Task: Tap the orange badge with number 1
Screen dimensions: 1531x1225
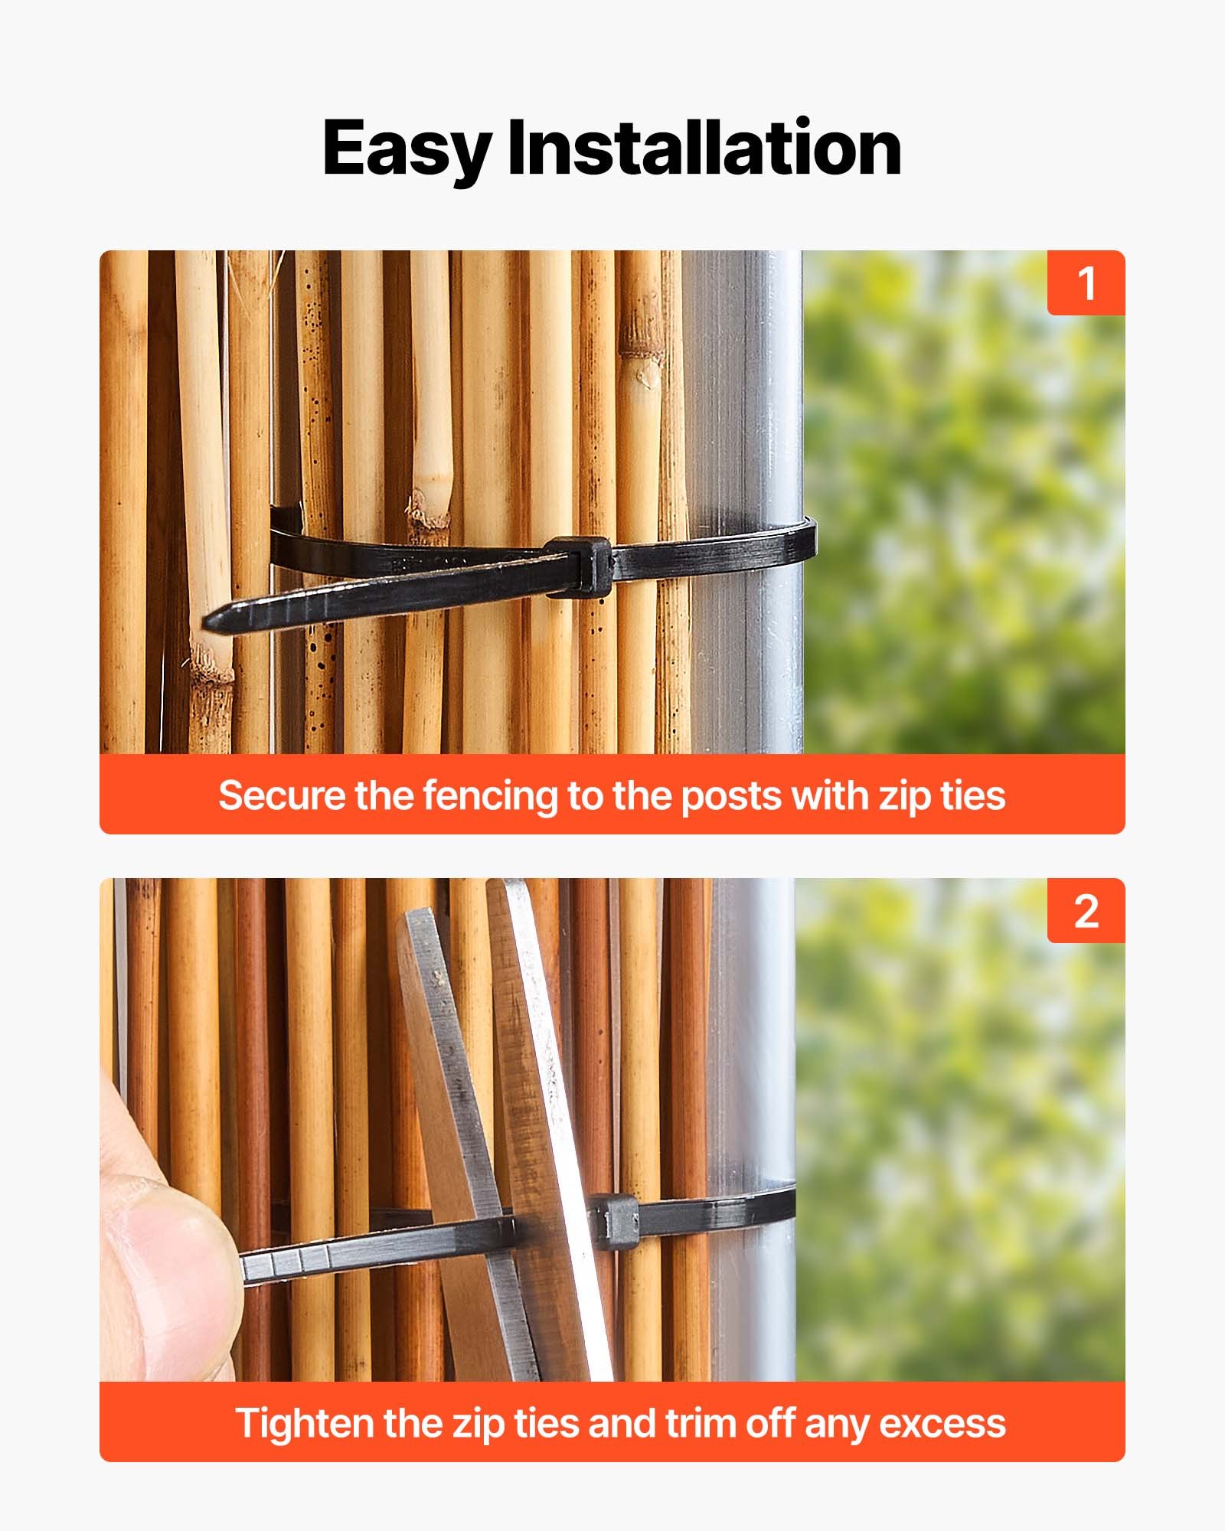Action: click(x=1086, y=283)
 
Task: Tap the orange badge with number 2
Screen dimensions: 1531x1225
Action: click(x=1086, y=911)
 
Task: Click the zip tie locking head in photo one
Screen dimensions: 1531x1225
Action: click(x=580, y=566)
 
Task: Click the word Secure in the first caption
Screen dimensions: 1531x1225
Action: click(x=282, y=795)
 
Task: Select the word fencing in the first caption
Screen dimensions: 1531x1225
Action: click(x=491, y=795)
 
